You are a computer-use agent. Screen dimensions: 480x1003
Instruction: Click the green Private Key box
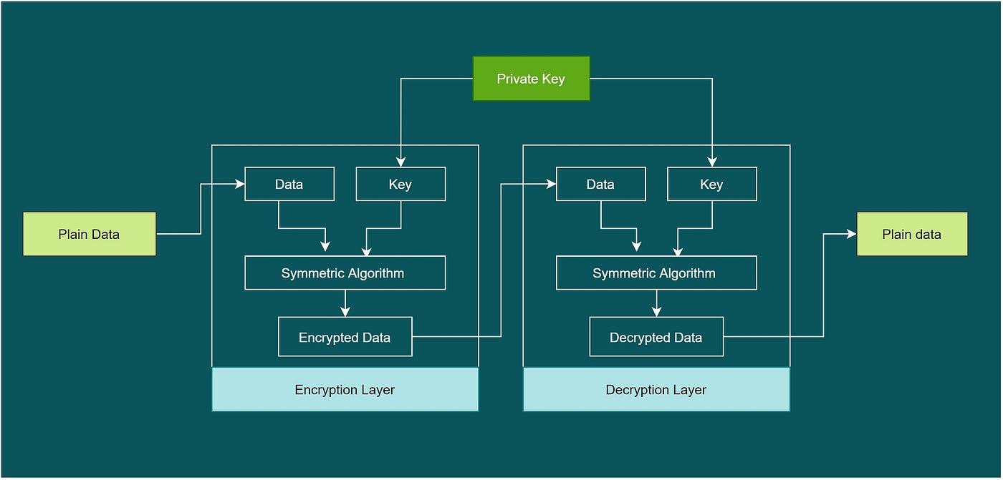[531, 79]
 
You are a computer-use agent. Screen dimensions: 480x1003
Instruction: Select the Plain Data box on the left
[89, 234]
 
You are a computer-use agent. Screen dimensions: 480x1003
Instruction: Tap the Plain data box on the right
[912, 234]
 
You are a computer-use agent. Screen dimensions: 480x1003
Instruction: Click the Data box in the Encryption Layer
[289, 184]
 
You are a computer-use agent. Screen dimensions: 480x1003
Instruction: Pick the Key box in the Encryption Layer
[400, 184]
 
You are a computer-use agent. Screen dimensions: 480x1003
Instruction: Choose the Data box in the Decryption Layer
[600, 184]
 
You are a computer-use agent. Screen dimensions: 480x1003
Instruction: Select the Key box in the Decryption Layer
[711, 184]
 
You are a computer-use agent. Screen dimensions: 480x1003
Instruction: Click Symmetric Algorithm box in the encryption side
[345, 273]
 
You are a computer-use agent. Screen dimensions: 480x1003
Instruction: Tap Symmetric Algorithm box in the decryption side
[656, 273]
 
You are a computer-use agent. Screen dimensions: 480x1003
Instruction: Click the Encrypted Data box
[345, 337]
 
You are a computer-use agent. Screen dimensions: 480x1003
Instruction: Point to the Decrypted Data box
[656, 337]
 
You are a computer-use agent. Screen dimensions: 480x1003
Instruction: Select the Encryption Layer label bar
[345, 390]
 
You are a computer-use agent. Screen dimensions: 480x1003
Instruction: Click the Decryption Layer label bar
[656, 390]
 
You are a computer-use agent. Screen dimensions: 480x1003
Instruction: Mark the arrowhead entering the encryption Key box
[400, 162]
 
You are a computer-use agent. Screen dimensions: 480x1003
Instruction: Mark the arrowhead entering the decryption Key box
[711, 162]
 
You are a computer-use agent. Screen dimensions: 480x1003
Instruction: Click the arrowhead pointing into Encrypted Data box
[345, 312]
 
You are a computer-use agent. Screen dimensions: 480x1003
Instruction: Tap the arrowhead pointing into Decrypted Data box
[656, 312]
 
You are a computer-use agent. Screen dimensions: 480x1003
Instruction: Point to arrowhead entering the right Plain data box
[852, 234]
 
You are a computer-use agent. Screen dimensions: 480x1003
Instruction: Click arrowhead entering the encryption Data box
[240, 184]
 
